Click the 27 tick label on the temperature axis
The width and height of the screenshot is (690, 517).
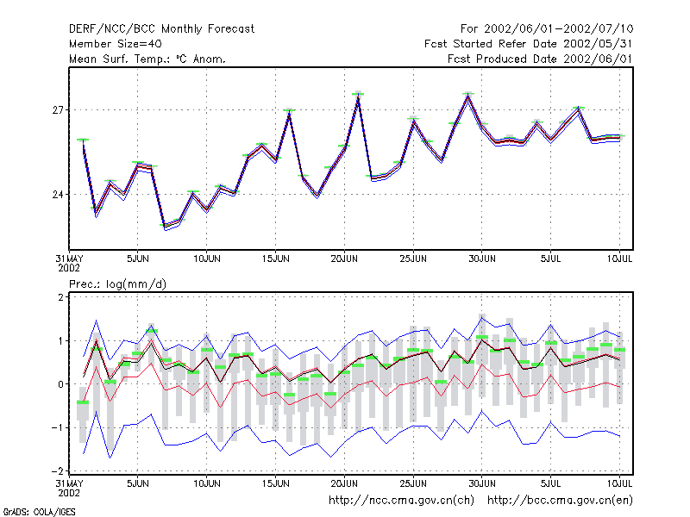(x=58, y=110)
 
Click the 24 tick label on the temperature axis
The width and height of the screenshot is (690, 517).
(x=58, y=195)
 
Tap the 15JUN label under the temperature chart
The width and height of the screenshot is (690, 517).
(x=275, y=258)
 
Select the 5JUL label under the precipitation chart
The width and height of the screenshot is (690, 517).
(x=550, y=483)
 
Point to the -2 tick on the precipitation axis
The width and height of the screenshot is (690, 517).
(x=58, y=470)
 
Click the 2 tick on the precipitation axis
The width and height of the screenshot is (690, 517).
(x=60, y=297)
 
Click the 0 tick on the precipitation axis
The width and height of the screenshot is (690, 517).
(x=60, y=384)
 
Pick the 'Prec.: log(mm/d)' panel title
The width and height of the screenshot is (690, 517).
(x=117, y=284)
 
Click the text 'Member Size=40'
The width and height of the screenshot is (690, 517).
(x=116, y=44)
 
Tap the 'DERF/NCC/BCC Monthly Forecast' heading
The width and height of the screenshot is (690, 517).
(x=161, y=29)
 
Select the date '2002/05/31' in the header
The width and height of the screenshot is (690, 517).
(x=598, y=44)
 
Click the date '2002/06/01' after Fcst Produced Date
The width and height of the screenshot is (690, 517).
(x=598, y=59)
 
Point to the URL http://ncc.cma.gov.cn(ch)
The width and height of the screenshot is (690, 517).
(x=401, y=501)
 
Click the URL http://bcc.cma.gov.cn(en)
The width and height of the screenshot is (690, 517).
(x=560, y=501)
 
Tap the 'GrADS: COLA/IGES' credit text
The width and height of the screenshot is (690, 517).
(x=39, y=512)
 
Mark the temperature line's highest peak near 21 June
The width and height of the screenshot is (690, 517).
(x=358, y=97)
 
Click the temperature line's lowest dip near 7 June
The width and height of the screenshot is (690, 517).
(x=165, y=227)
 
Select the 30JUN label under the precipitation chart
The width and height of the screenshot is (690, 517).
(x=482, y=483)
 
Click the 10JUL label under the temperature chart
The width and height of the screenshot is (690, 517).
(x=619, y=258)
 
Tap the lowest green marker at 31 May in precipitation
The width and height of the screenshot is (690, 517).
(x=83, y=402)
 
